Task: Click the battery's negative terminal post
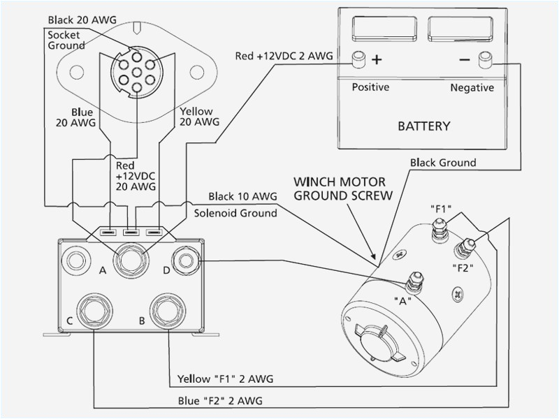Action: coord(482,61)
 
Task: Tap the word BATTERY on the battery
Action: coord(423,126)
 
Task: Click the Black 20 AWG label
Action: coord(78,20)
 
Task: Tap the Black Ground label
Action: coord(443,163)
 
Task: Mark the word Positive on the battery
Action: coord(370,87)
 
